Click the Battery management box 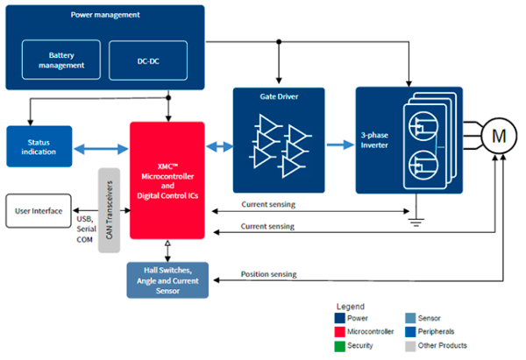point(61,60)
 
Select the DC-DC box point(148,60)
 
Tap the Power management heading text point(104,16)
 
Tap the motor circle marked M point(498,137)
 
